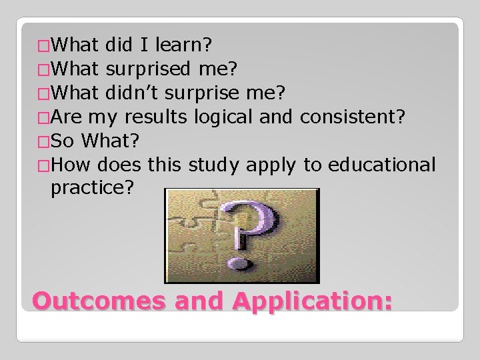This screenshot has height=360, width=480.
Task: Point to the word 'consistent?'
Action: click(353, 117)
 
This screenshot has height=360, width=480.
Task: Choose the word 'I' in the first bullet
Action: click(144, 45)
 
